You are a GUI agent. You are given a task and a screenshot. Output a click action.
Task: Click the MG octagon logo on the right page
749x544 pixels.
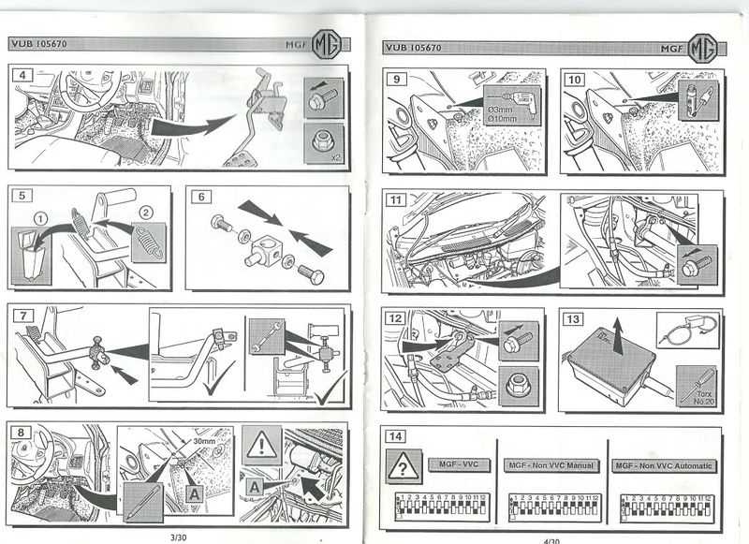tap(702, 47)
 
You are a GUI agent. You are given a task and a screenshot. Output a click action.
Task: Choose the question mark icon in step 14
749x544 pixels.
tap(403, 465)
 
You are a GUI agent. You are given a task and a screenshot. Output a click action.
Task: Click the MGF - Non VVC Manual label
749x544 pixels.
tap(552, 465)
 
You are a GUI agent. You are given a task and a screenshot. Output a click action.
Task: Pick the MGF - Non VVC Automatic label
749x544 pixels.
tap(664, 465)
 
